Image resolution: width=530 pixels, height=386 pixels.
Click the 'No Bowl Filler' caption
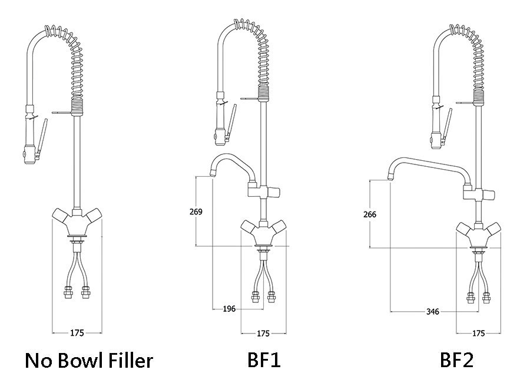click(x=88, y=359)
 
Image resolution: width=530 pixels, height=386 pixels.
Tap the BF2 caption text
click(x=456, y=359)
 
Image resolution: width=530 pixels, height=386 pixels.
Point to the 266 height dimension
click(x=370, y=215)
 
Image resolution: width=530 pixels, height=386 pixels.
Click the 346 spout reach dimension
click(x=433, y=312)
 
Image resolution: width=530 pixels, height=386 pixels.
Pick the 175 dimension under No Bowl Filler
click(x=77, y=333)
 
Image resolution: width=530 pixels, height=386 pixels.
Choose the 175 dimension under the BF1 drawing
click(x=263, y=334)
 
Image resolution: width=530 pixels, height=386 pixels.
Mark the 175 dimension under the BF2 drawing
click(x=479, y=334)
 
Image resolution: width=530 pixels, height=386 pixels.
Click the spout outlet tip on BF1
click(x=213, y=173)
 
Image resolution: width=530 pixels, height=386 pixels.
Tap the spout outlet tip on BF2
click(x=390, y=175)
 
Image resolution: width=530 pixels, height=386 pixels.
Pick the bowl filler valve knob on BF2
click(x=489, y=194)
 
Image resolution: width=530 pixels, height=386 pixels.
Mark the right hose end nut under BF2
click(x=486, y=297)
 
